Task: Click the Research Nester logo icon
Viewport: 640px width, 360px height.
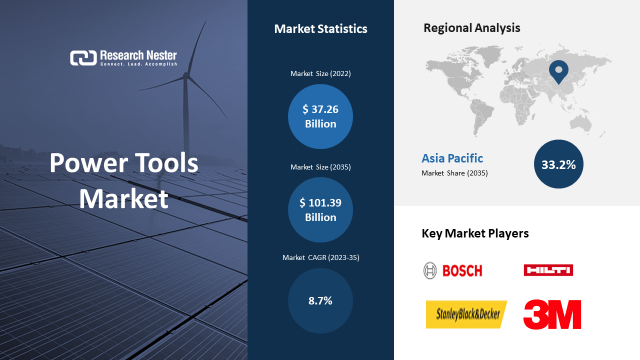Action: (83, 58)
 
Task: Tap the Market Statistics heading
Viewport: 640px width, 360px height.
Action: (320, 29)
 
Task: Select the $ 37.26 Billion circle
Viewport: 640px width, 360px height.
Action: (320, 116)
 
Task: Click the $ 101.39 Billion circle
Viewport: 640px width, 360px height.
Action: (320, 209)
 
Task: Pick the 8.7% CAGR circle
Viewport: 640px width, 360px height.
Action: (320, 300)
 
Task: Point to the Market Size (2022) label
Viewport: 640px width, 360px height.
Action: (320, 73)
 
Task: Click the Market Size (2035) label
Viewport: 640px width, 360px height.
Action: (320, 167)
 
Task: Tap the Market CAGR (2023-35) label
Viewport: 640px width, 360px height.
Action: (321, 257)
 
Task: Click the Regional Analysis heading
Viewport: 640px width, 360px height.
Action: (471, 28)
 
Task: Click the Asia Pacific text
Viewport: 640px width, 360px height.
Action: (452, 158)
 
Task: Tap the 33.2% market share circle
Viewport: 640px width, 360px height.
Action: (558, 164)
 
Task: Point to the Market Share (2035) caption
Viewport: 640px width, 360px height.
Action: (454, 173)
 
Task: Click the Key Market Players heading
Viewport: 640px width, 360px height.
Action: (475, 233)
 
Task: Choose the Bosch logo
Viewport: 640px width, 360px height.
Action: (453, 270)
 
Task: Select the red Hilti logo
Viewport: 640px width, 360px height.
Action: (548, 270)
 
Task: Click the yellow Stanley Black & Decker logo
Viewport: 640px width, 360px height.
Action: (466, 314)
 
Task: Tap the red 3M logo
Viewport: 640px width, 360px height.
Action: (552, 314)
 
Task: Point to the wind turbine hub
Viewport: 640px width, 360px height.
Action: (186, 75)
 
